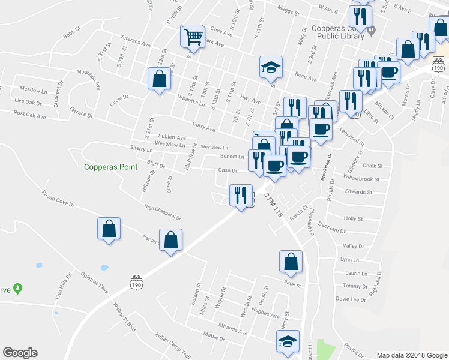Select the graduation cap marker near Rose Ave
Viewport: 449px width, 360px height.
pyautogui.click(x=271, y=67)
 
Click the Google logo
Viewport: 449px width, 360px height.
pyautogui.click(x=20, y=353)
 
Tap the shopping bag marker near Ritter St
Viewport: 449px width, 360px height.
pyautogui.click(x=291, y=262)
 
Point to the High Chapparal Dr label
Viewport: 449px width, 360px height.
pyautogui.click(x=163, y=213)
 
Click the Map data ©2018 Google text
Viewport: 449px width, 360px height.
pyautogui.click(x=412, y=355)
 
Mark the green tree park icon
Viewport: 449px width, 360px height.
pyautogui.click(x=19, y=289)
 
